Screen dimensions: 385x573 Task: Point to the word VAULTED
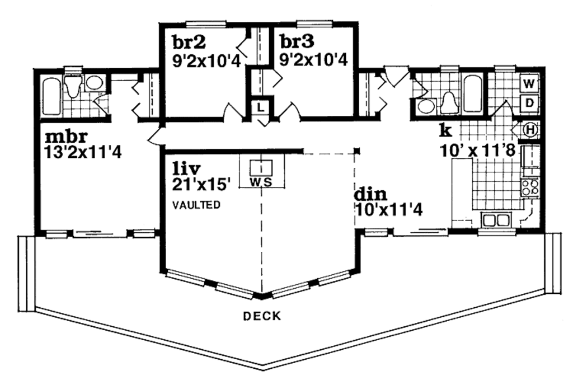tap(196, 205)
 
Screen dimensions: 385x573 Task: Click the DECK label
tap(262, 316)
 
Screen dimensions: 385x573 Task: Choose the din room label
tap(370, 194)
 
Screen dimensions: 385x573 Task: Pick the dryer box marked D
tap(529, 103)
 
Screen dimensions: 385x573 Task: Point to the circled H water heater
tap(530, 130)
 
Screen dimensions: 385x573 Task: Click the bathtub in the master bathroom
tap(52, 96)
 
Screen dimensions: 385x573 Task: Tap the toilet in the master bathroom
tap(73, 86)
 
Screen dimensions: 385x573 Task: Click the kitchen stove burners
tap(530, 187)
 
